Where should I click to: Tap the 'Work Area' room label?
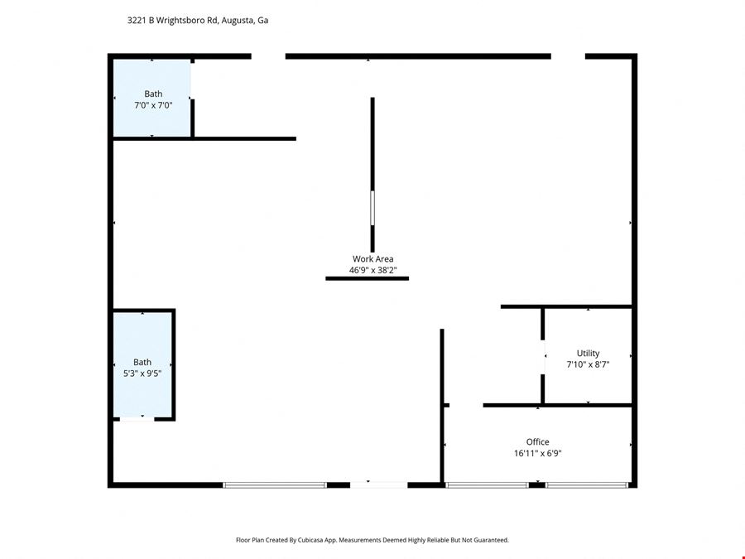(372, 259)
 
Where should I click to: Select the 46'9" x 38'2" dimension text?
(372, 270)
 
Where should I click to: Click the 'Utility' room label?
(588, 354)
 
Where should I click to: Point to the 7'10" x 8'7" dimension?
(588, 364)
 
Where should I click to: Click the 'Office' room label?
(537, 442)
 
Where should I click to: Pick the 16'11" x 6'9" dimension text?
(537, 453)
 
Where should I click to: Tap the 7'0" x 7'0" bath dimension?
(153, 105)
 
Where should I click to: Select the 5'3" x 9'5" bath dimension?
(142, 373)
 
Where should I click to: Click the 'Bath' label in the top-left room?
(153, 94)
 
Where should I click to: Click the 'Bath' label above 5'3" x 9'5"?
(142, 362)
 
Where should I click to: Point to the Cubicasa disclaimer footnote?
(372, 540)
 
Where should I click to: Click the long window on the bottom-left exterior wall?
(275, 484)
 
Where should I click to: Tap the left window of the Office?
(487, 484)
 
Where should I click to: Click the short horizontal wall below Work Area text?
(367, 279)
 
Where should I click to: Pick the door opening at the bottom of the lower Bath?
(137, 419)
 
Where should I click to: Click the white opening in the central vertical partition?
(372, 208)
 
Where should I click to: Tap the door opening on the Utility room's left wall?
(543, 362)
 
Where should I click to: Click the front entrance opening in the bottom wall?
(378, 484)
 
